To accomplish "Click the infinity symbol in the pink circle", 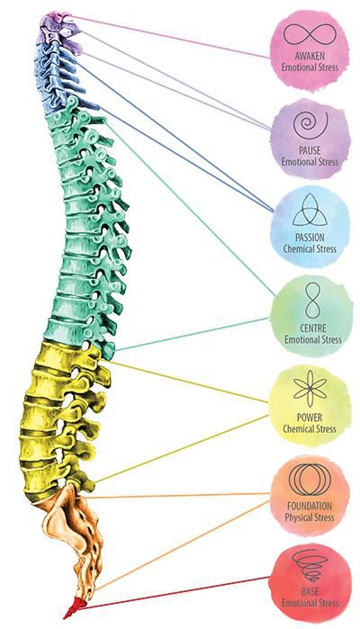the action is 309,34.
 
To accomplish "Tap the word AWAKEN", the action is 310,56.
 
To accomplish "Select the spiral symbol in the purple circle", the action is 310,125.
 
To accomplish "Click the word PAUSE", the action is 310,150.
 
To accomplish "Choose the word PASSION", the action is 310,237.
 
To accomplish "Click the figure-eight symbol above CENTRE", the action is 312,301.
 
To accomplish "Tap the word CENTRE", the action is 313,328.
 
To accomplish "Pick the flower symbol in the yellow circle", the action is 310,390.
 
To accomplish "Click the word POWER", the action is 310,418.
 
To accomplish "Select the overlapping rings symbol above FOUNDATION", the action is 310,479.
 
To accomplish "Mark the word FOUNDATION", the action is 310,506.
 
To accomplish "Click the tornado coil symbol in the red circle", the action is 310,565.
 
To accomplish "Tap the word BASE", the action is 310,591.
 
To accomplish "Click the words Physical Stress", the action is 310,517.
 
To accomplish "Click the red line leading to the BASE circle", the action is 175,593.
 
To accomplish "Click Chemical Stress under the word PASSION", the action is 310,248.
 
